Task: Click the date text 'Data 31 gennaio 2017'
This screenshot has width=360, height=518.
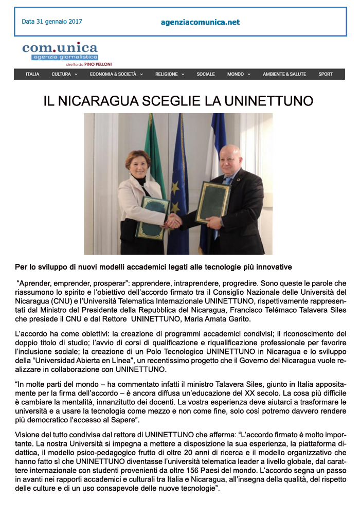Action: tap(51, 22)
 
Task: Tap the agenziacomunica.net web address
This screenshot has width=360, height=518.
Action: tap(200, 22)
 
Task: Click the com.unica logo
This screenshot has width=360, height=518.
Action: tap(60, 51)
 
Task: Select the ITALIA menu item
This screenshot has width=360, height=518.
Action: tap(32, 74)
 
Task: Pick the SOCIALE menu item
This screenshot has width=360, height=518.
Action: tap(206, 74)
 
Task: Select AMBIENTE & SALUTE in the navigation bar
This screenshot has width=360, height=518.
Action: tap(284, 74)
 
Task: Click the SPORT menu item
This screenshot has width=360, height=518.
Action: tap(326, 74)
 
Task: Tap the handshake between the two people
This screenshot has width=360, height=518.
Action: tap(173, 222)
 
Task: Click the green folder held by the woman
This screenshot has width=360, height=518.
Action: tap(152, 218)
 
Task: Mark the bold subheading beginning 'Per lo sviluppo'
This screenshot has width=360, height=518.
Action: tap(153, 267)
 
